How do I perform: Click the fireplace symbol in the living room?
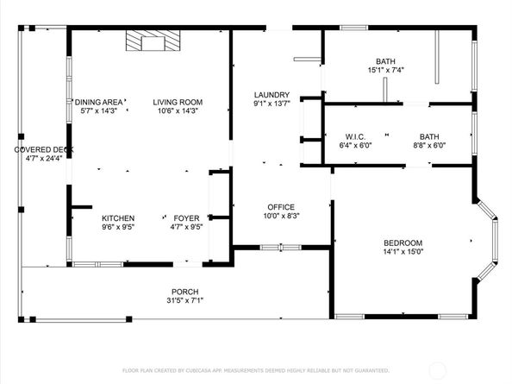tap(153, 41)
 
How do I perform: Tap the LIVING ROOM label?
tap(178, 103)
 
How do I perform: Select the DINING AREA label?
tap(99, 103)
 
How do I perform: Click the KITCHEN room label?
tap(118, 218)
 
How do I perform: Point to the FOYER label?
tap(186, 218)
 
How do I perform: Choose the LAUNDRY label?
tap(272, 95)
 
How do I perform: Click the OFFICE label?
tap(281, 207)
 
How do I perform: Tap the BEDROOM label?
tap(403, 243)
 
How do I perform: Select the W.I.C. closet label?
tap(356, 137)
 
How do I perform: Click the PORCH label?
tap(185, 292)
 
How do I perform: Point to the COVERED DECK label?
tap(44, 150)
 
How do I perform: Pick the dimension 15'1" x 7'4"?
tap(386, 70)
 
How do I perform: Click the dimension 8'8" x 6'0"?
tap(429, 146)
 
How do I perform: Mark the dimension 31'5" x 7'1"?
tap(185, 300)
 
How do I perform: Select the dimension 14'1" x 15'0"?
tap(403, 252)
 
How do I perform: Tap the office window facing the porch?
tap(281, 248)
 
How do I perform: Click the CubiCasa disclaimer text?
tap(256, 370)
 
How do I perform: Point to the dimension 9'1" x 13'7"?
tap(272, 104)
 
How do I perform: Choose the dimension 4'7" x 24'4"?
tap(44, 159)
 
